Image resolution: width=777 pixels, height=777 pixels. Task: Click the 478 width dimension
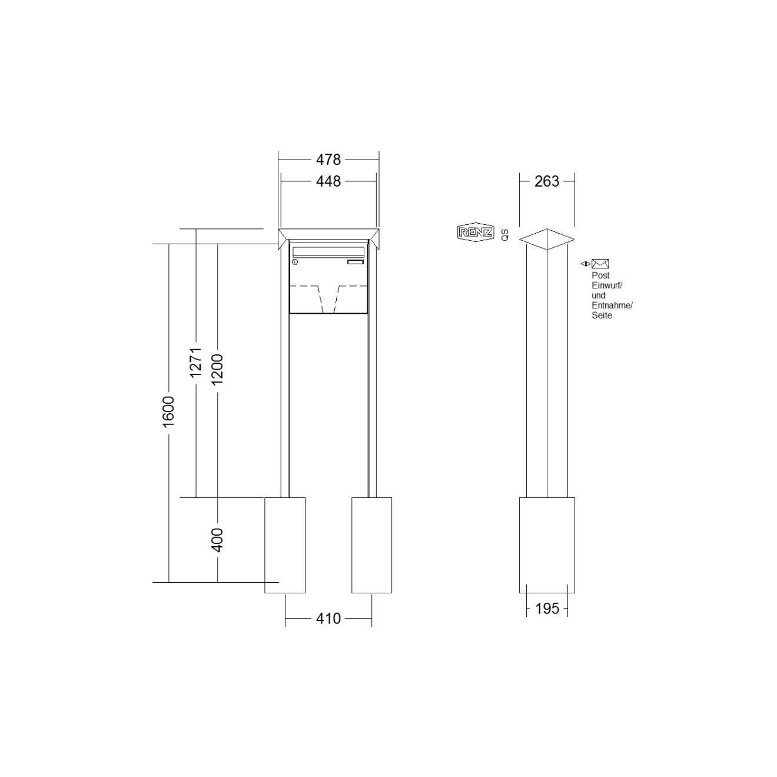[328, 160]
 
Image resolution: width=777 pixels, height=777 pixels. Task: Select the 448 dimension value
[328, 181]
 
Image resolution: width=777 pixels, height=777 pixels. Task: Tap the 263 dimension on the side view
[547, 181]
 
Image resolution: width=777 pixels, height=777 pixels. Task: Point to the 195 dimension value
[547, 609]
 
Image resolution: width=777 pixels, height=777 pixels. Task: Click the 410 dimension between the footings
[328, 618]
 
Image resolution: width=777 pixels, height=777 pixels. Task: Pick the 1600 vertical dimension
[168, 411]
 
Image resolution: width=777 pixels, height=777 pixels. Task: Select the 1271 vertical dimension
[195, 363]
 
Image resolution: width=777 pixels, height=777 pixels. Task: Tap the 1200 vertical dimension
[217, 369]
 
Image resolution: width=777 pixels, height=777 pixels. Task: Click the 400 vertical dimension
[217, 540]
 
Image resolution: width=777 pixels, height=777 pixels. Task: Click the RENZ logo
[476, 233]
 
